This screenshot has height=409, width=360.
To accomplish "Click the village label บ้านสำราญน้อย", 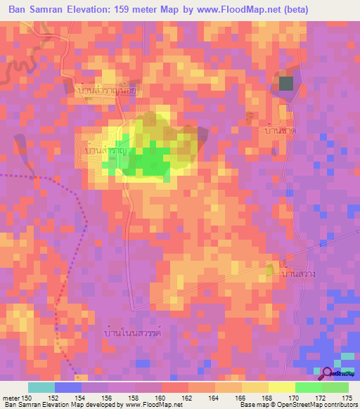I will point(107,91).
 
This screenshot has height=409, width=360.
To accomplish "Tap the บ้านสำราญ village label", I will point(104,150).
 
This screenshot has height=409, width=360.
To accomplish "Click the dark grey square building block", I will point(286,83).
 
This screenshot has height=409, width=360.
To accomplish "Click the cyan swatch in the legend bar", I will point(41,387).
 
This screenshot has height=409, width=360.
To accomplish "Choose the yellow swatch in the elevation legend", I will point(281,387).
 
